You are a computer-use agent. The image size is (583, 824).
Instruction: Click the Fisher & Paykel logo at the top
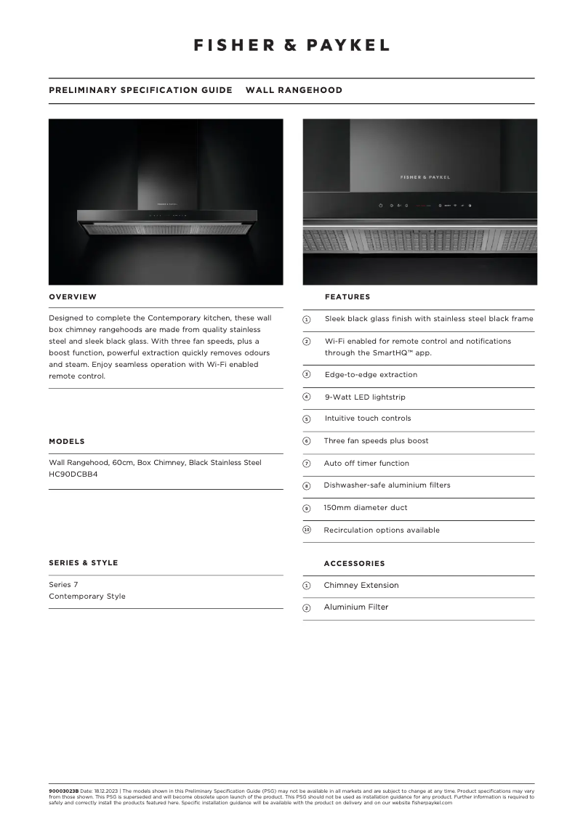291,45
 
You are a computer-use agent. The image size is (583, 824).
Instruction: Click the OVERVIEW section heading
73,296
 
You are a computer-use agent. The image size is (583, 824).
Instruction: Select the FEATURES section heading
347,296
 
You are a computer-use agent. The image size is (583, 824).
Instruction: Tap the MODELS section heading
67,441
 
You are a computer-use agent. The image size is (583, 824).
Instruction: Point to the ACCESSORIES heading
354,563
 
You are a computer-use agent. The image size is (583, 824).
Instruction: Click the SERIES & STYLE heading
83,562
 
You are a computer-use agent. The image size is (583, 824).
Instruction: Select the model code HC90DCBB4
73,474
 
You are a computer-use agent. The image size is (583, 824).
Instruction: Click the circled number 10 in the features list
307,530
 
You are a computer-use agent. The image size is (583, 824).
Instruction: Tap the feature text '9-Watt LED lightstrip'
365,397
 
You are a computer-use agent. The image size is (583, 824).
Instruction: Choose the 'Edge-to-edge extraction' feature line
371,375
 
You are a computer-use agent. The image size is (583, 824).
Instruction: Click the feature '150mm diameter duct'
366,507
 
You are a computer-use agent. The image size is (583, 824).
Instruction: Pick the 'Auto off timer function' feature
366,463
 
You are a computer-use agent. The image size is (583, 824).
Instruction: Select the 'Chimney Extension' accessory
361,585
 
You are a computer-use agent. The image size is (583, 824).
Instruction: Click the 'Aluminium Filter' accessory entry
356,607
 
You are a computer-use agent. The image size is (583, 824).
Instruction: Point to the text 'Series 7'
63,584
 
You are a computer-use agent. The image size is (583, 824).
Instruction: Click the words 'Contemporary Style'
87,596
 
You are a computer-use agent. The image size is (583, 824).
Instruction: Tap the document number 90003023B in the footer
63,790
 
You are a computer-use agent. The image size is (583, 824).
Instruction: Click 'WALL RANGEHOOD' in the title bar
294,90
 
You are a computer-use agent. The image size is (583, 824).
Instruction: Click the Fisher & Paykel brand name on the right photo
425,177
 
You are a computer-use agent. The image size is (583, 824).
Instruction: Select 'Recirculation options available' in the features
382,530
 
